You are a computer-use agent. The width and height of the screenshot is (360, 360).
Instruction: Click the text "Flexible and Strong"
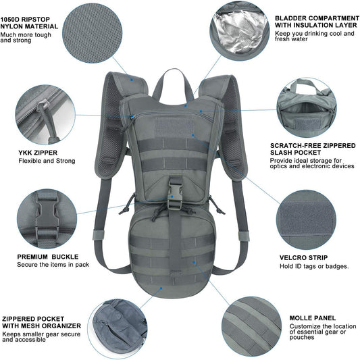click(x=47, y=161)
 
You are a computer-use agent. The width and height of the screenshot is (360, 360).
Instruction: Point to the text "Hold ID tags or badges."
click(x=314, y=266)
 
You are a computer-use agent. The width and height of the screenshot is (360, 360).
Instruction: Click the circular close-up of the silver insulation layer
click(x=236, y=30)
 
